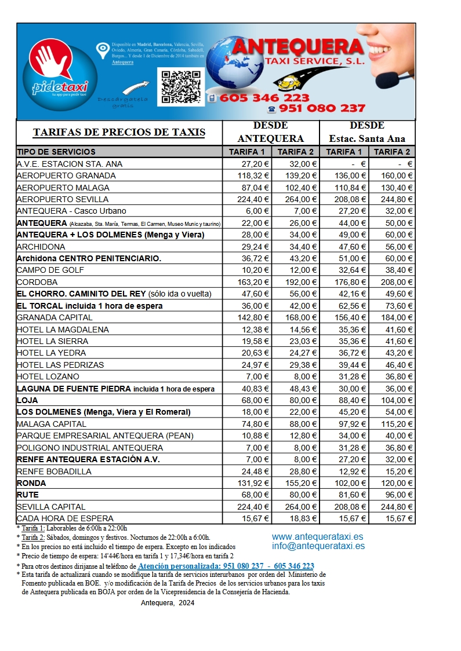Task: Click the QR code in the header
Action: pos(181,86)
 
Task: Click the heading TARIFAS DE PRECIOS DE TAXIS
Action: pos(119,132)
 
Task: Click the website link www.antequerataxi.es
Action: pos(318,537)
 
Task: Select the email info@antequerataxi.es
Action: pos(318,546)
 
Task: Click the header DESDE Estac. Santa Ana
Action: pos(367,132)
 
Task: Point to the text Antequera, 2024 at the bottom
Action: pos(168,602)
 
